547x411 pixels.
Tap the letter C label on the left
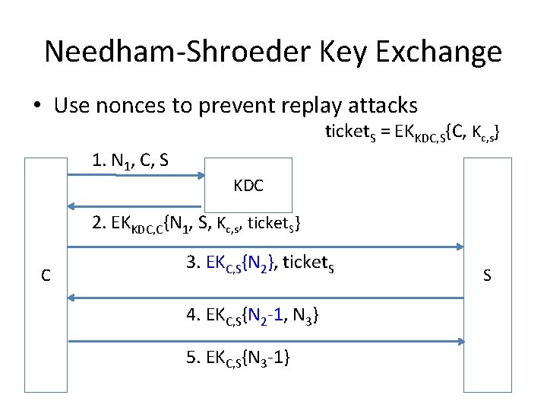[x=46, y=276]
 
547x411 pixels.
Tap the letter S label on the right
[x=487, y=276]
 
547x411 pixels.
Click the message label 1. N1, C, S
[x=130, y=161]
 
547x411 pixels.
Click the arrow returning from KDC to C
[x=134, y=206]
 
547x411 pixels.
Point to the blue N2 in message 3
[x=261, y=264]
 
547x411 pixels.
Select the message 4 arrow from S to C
[x=265, y=298]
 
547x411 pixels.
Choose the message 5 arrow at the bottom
[x=265, y=341]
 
